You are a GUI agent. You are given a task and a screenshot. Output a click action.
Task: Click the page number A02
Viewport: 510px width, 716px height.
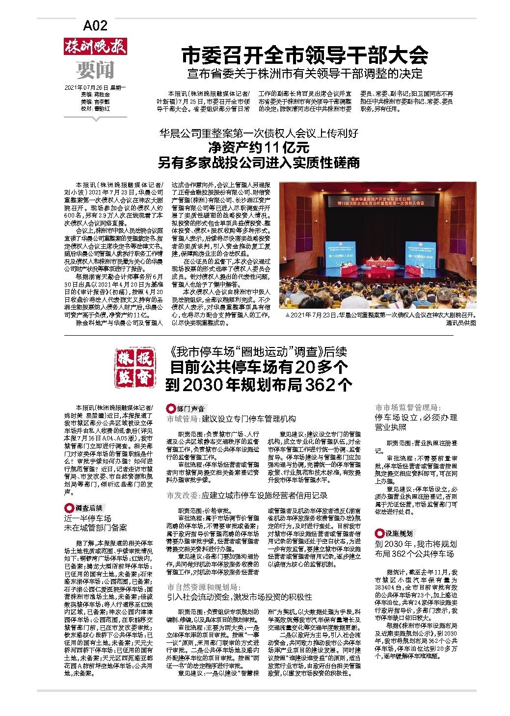[95, 25]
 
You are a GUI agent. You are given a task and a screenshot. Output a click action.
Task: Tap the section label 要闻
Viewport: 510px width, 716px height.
[95, 70]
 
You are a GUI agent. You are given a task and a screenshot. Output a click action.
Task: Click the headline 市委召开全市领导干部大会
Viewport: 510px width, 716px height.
[305, 55]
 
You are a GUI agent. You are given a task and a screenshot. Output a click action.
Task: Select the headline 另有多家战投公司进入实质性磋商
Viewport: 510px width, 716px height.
[259, 162]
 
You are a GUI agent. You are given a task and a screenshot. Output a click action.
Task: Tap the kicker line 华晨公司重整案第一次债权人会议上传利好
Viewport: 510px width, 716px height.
[259, 133]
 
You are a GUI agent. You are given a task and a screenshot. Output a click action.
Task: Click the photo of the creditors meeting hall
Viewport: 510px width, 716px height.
[377, 245]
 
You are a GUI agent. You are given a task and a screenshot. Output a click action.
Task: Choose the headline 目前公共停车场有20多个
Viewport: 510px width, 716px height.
[259, 367]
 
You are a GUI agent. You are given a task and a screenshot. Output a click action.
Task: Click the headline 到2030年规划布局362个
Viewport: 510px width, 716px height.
[259, 385]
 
